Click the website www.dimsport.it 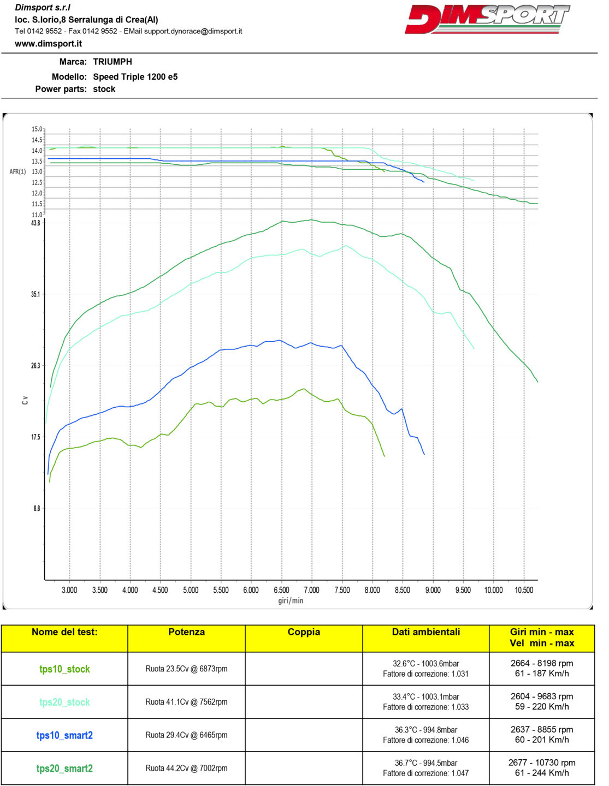click(x=48, y=44)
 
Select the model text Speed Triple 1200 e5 click(x=135, y=77)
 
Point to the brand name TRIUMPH click(x=113, y=62)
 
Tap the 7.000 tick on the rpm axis click(x=311, y=590)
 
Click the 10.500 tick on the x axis click(x=524, y=590)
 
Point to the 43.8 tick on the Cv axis click(x=36, y=223)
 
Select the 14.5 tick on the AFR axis click(x=37, y=140)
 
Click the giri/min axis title click(x=291, y=601)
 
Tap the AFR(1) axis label click(x=17, y=172)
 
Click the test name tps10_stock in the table click(x=64, y=669)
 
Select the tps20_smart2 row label click(x=64, y=769)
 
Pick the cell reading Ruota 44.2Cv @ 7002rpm click(x=186, y=768)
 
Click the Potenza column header click(x=186, y=632)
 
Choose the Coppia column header click(x=304, y=632)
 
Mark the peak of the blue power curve click(x=280, y=340)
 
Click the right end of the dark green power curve click(x=537, y=382)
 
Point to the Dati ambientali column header click(x=425, y=632)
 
